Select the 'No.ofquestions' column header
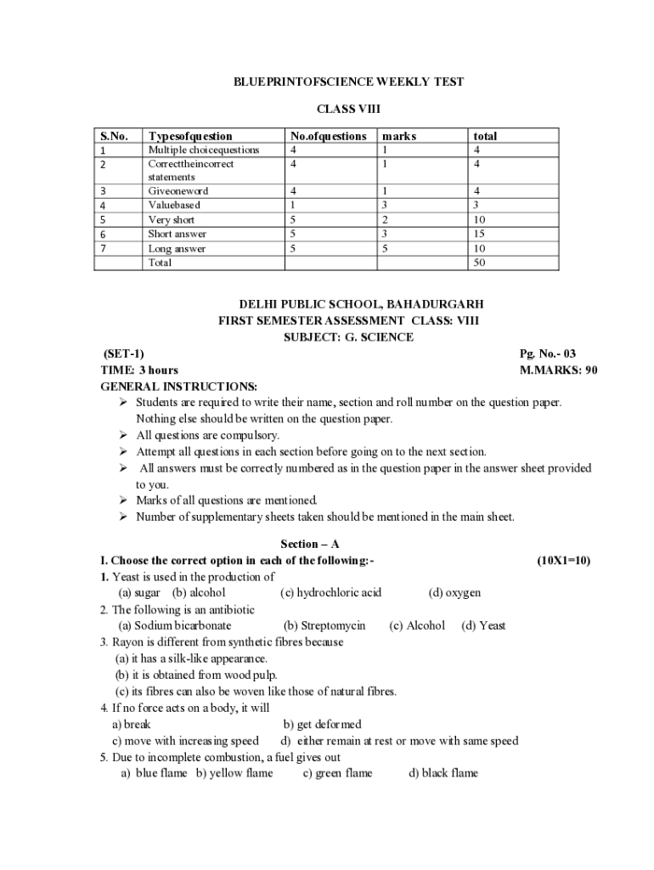click(x=328, y=136)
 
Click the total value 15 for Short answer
click(x=480, y=234)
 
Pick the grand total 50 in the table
click(x=480, y=263)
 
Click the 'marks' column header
click(x=399, y=136)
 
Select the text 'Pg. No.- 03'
click(x=547, y=353)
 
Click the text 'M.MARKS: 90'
click(x=558, y=370)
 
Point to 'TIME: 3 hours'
click(x=139, y=370)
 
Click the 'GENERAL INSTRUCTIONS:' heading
click(x=179, y=387)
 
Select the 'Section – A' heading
click(x=309, y=544)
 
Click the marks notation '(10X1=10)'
click(x=563, y=561)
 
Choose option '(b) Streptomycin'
click(x=324, y=625)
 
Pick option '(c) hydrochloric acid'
click(x=330, y=592)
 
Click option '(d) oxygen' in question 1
click(x=454, y=592)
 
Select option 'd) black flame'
click(x=443, y=773)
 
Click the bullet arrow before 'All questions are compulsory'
click(x=123, y=435)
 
